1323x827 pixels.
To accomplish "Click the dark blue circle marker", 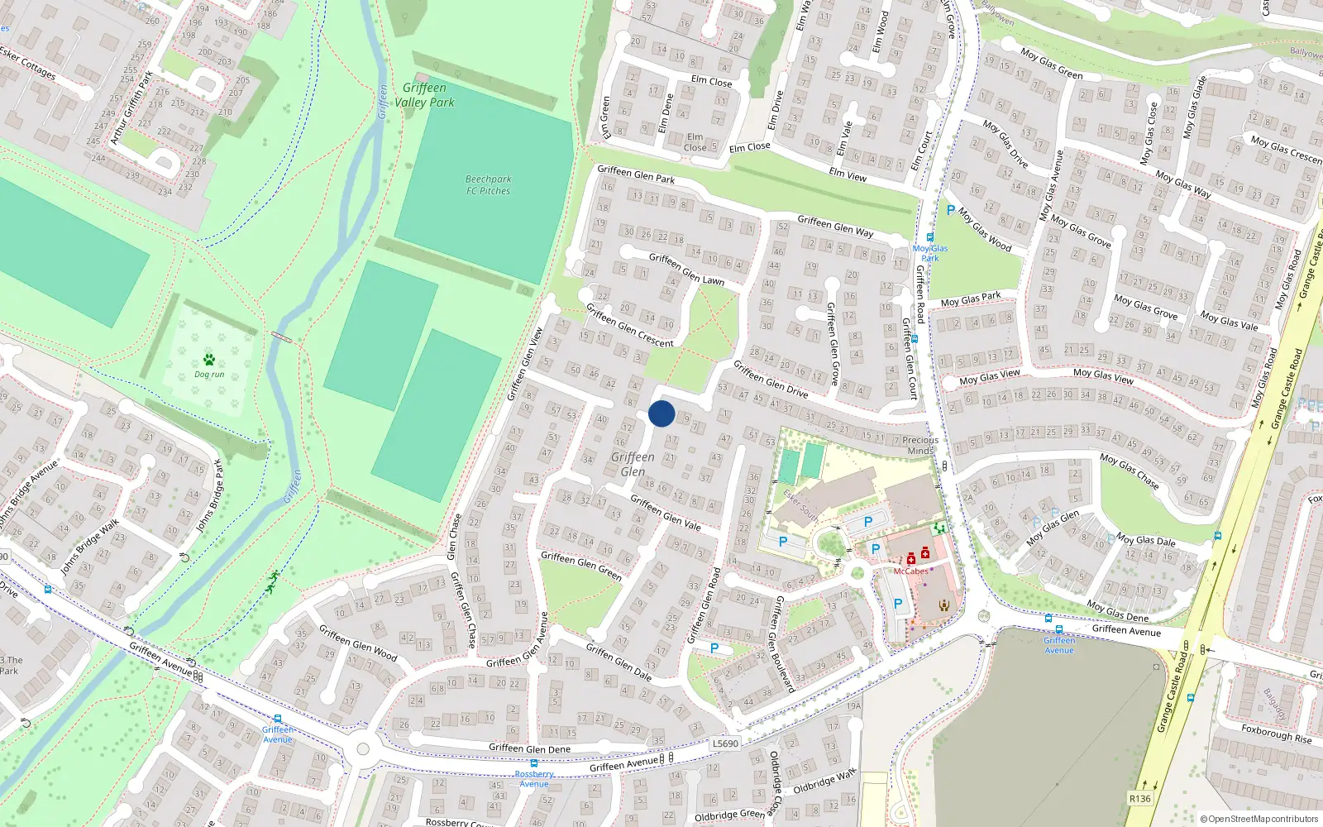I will (x=661, y=413).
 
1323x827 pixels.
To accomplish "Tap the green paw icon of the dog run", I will (x=209, y=360).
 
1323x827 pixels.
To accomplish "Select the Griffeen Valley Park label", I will (x=424, y=95).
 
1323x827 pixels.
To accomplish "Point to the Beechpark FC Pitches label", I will (x=488, y=184).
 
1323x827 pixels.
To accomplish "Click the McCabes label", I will (x=910, y=571).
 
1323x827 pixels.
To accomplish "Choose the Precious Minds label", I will (x=920, y=446).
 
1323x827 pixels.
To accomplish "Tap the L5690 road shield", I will (x=725, y=743).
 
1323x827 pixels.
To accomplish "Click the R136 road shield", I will (x=1139, y=798).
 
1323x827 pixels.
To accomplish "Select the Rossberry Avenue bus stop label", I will (x=534, y=779).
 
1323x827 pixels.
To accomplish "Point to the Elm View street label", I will (x=848, y=174).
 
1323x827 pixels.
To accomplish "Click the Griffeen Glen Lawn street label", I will (x=686, y=269).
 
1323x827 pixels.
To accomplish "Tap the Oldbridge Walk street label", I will (x=824, y=782).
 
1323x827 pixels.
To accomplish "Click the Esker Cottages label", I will (x=28, y=63).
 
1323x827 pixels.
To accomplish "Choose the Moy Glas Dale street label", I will (x=1145, y=540).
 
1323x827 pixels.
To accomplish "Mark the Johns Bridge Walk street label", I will (x=89, y=546).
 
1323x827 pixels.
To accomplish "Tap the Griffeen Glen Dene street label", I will (x=529, y=748).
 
